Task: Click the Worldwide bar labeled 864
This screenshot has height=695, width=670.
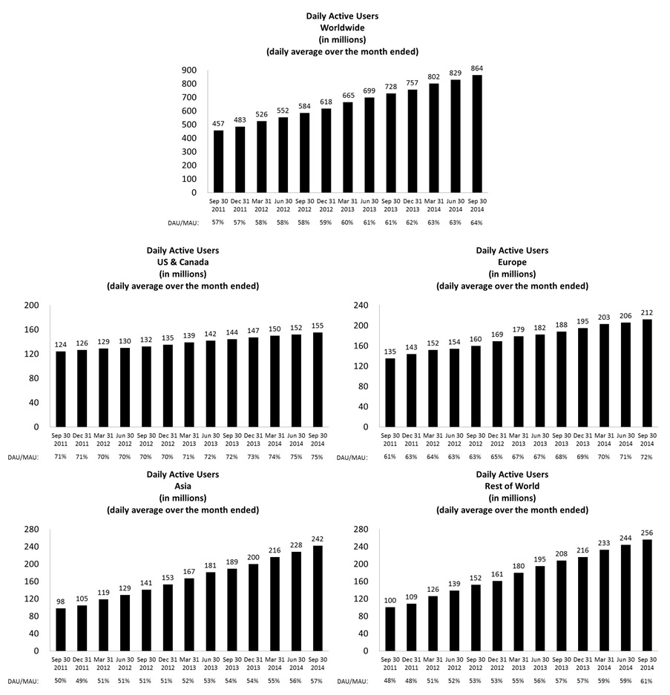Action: pos(477,134)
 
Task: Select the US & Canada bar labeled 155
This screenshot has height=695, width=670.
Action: pos(318,380)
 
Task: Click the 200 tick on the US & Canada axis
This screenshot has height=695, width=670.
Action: pos(31,305)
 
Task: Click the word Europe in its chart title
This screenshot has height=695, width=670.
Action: pos(512,262)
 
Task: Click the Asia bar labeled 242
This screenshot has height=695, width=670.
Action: pos(318,598)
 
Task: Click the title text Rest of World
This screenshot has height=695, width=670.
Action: pos(512,486)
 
